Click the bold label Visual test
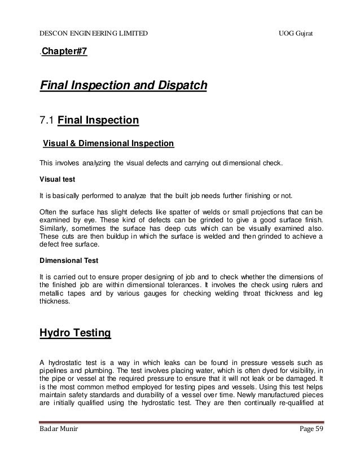click(x=56, y=179)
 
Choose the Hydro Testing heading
click(x=75, y=334)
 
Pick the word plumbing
click(x=104, y=372)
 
